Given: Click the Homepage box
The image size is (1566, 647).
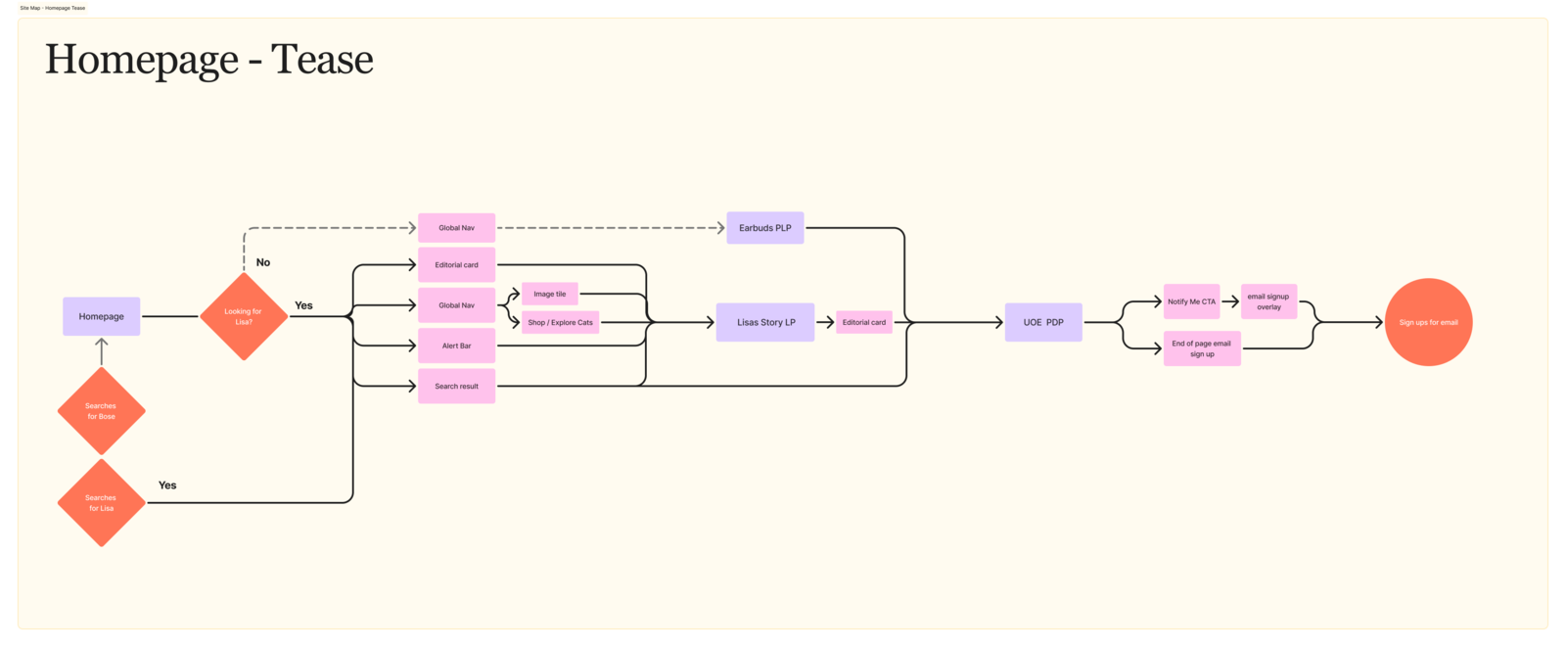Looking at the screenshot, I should click(x=101, y=316).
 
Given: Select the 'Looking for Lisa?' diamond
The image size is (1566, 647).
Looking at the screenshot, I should click(x=244, y=316).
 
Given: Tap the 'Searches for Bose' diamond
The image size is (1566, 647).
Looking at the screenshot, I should click(x=101, y=411).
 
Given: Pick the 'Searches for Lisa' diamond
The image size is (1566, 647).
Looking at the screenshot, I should click(x=101, y=503).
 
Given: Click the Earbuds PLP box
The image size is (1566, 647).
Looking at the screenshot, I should click(x=764, y=228).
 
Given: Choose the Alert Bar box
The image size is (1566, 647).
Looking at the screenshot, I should click(x=456, y=346).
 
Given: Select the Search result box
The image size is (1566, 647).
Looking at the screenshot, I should click(x=456, y=386).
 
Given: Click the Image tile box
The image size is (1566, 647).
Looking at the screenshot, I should click(x=549, y=294).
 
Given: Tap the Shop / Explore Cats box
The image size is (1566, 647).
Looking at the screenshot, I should click(x=560, y=322).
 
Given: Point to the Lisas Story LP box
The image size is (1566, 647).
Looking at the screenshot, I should click(x=765, y=322).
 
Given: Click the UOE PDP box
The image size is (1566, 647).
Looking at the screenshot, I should click(x=1043, y=322).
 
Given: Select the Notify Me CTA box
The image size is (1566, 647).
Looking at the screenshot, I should click(x=1191, y=301).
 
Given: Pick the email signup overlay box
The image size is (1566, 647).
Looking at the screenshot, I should click(x=1268, y=301).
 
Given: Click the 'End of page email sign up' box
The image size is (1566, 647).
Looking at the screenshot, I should click(x=1202, y=348).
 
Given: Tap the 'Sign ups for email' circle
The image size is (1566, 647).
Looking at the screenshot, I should click(x=1428, y=322).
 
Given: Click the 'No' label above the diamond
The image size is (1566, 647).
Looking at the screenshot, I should click(x=263, y=262).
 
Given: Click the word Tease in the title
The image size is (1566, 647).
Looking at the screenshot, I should click(x=322, y=60).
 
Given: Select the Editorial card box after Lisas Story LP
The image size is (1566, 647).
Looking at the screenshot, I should click(x=864, y=322).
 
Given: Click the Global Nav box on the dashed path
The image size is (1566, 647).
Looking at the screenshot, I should click(x=456, y=228).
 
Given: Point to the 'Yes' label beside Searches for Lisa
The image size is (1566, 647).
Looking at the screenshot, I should click(x=167, y=485).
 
